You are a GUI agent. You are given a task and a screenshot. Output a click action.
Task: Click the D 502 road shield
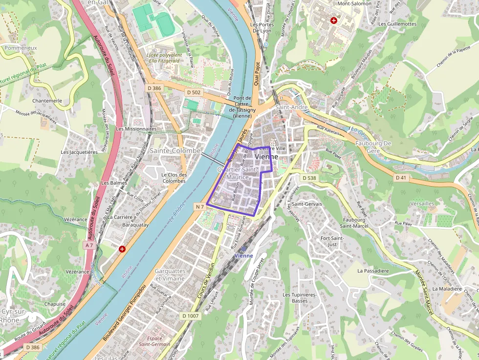pyautogui.click(x=194, y=92)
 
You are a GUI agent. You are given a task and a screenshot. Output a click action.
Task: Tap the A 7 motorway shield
pyautogui.click(x=88, y=244)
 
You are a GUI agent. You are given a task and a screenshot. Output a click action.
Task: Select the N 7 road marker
pyautogui.click(x=199, y=207)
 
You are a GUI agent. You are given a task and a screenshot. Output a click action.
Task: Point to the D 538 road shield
pyautogui.click(x=309, y=178)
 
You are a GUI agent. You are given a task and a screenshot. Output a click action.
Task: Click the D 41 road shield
pyautogui.click(x=401, y=177)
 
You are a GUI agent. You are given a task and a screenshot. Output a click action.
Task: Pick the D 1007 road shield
pyautogui.click(x=191, y=316)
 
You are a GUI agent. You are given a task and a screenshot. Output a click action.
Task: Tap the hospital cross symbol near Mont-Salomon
pyautogui.click(x=334, y=21)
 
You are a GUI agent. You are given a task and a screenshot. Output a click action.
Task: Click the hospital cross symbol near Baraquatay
pyautogui.click(x=122, y=249)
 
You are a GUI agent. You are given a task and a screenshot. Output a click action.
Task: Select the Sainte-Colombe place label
pyautogui.click(x=175, y=151)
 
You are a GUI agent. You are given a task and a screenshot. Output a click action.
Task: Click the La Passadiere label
pyautogui.click(x=373, y=270)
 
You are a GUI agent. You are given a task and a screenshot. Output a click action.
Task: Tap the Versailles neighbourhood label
pyautogui.click(x=422, y=203)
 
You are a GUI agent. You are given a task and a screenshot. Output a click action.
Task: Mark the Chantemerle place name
pyautogui.click(x=47, y=101)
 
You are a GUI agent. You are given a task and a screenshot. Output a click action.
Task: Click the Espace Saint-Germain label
pyautogui.click(x=154, y=341)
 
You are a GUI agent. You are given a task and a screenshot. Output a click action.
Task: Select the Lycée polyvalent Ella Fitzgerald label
pyautogui.click(x=164, y=58)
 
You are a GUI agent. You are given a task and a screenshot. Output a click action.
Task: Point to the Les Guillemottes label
pyautogui.click(x=397, y=23)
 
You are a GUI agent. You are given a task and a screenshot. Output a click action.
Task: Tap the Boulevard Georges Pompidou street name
pyautogui.click(x=125, y=313)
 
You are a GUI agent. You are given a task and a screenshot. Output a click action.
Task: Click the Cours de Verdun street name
pyautogui.click(x=206, y=281)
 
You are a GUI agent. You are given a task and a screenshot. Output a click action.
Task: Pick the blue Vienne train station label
pyautogui.click(x=243, y=255)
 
